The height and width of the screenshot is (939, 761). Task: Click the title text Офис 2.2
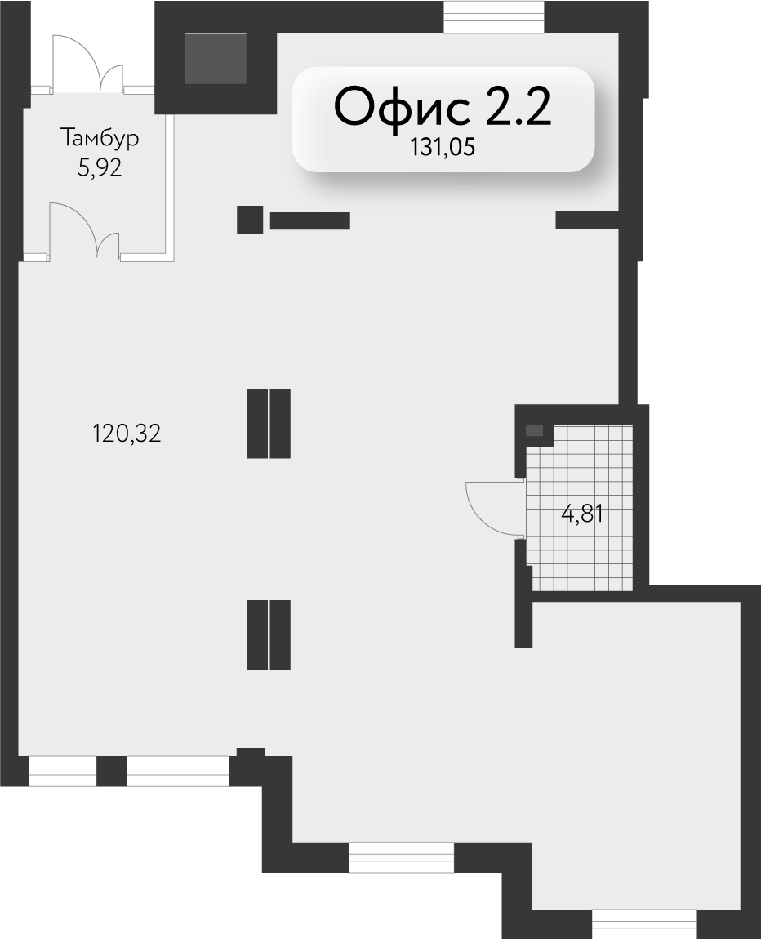[442, 107]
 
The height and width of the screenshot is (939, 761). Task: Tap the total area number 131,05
[443, 147]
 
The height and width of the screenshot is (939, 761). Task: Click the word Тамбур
[100, 138]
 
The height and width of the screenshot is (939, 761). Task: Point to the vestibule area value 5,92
[100, 167]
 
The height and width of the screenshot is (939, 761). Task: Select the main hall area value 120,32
[127, 433]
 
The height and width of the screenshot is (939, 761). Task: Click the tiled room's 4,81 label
[582, 514]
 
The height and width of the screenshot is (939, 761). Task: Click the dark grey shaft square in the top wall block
[216, 59]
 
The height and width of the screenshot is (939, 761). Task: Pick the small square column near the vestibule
[250, 220]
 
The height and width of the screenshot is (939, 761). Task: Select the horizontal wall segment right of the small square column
[310, 220]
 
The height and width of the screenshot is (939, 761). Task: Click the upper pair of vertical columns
[269, 424]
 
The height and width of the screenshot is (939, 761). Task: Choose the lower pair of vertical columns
[269, 634]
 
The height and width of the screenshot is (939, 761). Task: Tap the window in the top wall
[494, 17]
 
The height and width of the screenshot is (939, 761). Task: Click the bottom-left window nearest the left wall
[63, 772]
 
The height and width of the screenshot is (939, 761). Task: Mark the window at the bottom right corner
[645, 924]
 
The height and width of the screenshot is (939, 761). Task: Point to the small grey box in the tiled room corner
[534, 430]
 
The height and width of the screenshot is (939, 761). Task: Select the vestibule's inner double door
[84, 230]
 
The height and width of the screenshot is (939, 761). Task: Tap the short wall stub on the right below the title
[587, 220]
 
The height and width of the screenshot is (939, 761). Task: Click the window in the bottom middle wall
[401, 857]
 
